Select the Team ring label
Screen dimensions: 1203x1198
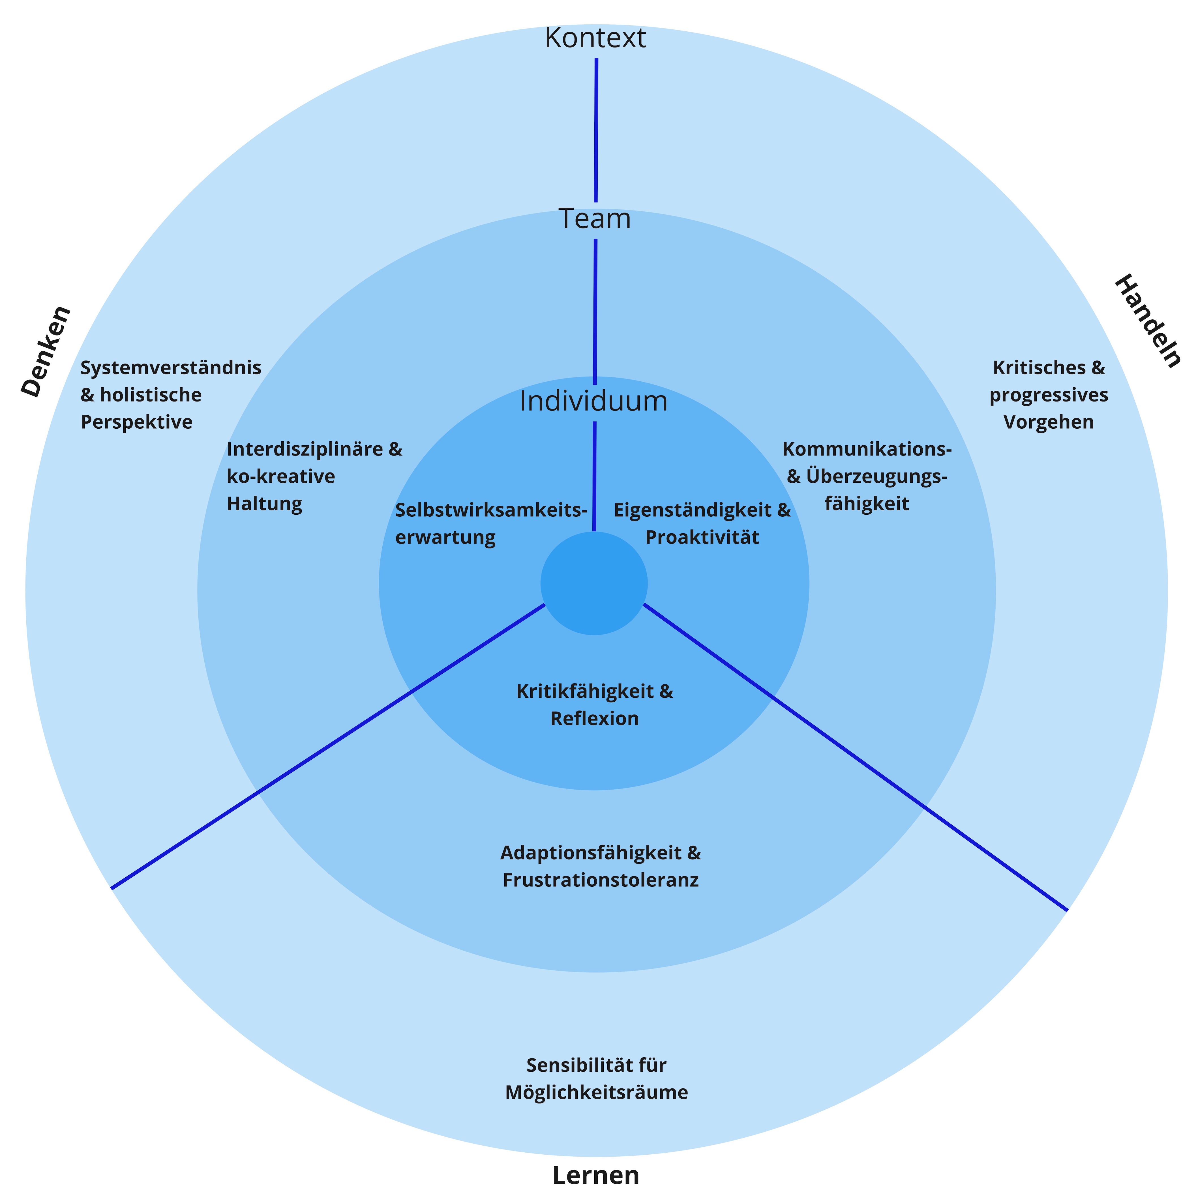tap(595, 219)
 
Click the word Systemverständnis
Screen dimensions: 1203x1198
tap(171, 368)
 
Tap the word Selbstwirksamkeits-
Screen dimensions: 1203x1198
tap(491, 510)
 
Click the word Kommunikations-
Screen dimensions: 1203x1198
tap(867, 449)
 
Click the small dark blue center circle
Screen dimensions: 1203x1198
tap(594, 583)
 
